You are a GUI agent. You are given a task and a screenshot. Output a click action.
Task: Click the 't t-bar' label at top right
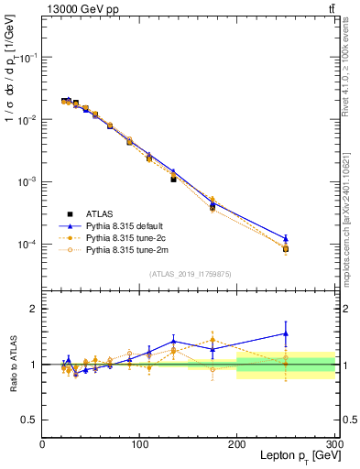click(329, 8)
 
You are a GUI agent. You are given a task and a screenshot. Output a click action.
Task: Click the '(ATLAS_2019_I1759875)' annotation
click(188, 273)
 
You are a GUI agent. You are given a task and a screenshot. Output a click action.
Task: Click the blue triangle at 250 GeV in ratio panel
click(286, 333)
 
